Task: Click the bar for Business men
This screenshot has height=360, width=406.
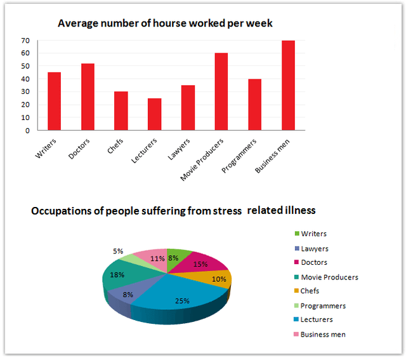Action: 287,86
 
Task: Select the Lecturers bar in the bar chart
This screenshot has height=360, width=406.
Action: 154,114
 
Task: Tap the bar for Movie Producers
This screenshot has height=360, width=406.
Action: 221,92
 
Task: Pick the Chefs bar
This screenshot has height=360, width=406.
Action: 121,111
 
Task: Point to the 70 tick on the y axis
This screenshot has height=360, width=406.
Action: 25,40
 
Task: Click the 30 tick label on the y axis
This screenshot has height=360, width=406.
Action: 25,92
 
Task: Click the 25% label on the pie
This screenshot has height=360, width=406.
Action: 183,300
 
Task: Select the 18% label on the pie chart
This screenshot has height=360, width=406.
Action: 115,274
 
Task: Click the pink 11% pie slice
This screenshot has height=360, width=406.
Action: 152,259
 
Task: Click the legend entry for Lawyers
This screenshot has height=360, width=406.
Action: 314,249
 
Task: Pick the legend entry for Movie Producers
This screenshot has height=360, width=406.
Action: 329,277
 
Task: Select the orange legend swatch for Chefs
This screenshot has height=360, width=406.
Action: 294,291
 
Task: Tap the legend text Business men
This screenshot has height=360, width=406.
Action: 323,334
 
